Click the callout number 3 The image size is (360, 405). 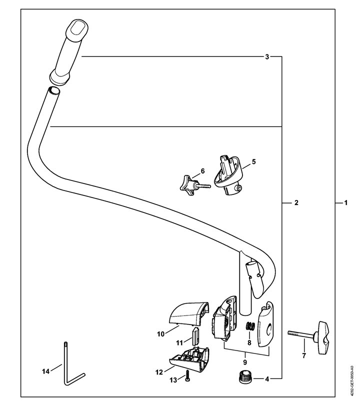(267, 56)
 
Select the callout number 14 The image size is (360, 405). (45, 371)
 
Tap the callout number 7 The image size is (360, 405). (304, 355)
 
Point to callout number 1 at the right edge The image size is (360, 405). (346, 203)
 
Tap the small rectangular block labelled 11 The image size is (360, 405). (196, 336)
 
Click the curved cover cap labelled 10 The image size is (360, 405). (189, 313)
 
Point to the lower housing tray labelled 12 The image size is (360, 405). (189, 359)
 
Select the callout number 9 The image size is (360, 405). (245, 362)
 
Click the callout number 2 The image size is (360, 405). (296, 203)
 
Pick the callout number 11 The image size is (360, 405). (179, 343)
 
